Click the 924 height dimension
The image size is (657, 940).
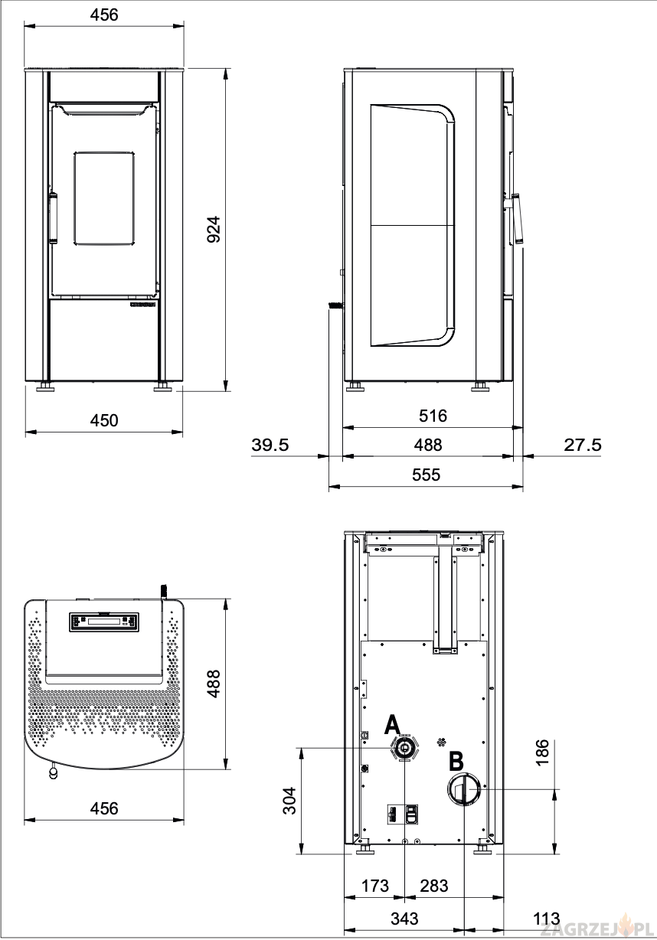coord(214,230)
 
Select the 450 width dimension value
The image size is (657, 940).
coord(104,420)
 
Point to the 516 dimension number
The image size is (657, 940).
coord(433,416)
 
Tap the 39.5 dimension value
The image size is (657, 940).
coord(270,445)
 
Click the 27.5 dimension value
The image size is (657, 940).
coord(582,445)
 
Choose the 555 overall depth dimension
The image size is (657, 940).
coord(426,475)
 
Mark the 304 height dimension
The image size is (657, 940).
coord(289,801)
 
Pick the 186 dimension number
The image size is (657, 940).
coord(542,752)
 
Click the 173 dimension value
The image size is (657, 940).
coord(375,886)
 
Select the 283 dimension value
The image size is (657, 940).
coord(434,886)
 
